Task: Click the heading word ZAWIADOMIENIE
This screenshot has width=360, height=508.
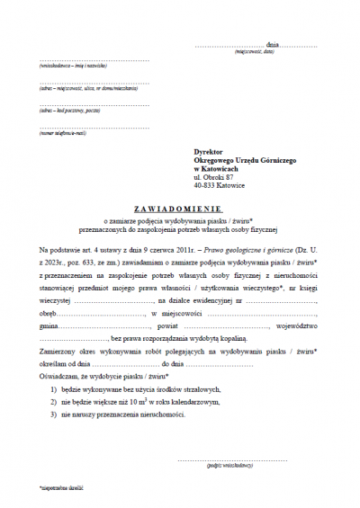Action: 179,204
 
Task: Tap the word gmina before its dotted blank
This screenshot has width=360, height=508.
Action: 49,327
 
